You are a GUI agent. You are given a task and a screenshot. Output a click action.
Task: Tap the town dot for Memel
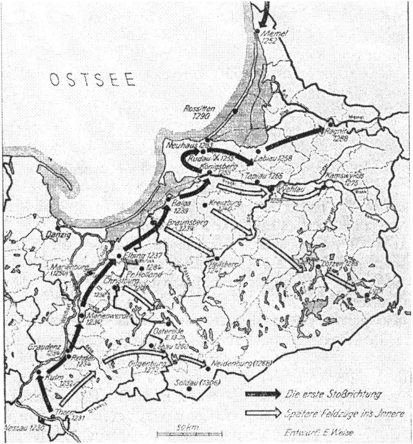coord(257,31)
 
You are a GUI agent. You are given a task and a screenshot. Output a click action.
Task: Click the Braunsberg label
coord(183,225)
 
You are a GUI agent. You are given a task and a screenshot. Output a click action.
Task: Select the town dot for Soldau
coord(189,388)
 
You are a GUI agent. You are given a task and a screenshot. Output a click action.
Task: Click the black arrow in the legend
coord(261,394)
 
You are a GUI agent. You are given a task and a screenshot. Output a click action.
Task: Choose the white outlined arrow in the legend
coord(261,412)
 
